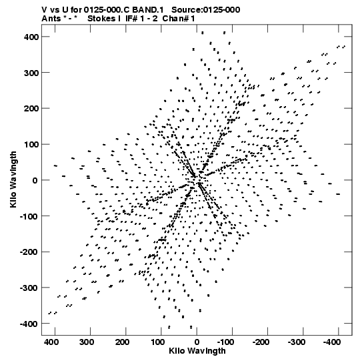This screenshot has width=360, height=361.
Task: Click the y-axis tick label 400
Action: [31, 37]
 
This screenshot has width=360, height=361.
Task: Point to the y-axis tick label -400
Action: [29, 324]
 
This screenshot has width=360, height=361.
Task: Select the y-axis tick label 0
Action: [35, 180]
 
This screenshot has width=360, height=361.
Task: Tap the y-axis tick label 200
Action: [31, 109]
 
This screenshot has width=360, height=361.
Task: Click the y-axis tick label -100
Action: [29, 216]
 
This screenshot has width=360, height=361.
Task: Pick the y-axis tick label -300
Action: [29, 288]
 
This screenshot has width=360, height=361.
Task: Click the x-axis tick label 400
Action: [51, 342]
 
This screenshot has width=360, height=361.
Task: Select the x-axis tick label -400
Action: [331, 342]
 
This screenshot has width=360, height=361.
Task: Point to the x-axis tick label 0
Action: [197, 342]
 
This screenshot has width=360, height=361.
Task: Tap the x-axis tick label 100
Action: [157, 342]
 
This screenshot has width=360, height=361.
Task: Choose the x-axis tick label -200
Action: [261, 342]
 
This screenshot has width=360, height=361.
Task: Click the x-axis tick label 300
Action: [87, 342]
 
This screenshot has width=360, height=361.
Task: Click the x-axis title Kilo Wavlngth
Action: [197, 351]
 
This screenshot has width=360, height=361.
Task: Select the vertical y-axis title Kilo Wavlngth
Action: [13, 179]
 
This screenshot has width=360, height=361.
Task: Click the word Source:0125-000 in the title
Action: [205, 10]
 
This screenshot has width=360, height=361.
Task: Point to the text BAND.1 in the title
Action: [148, 10]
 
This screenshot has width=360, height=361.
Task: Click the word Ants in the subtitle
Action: [51, 19]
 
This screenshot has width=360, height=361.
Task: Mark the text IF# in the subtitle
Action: [131, 19]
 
